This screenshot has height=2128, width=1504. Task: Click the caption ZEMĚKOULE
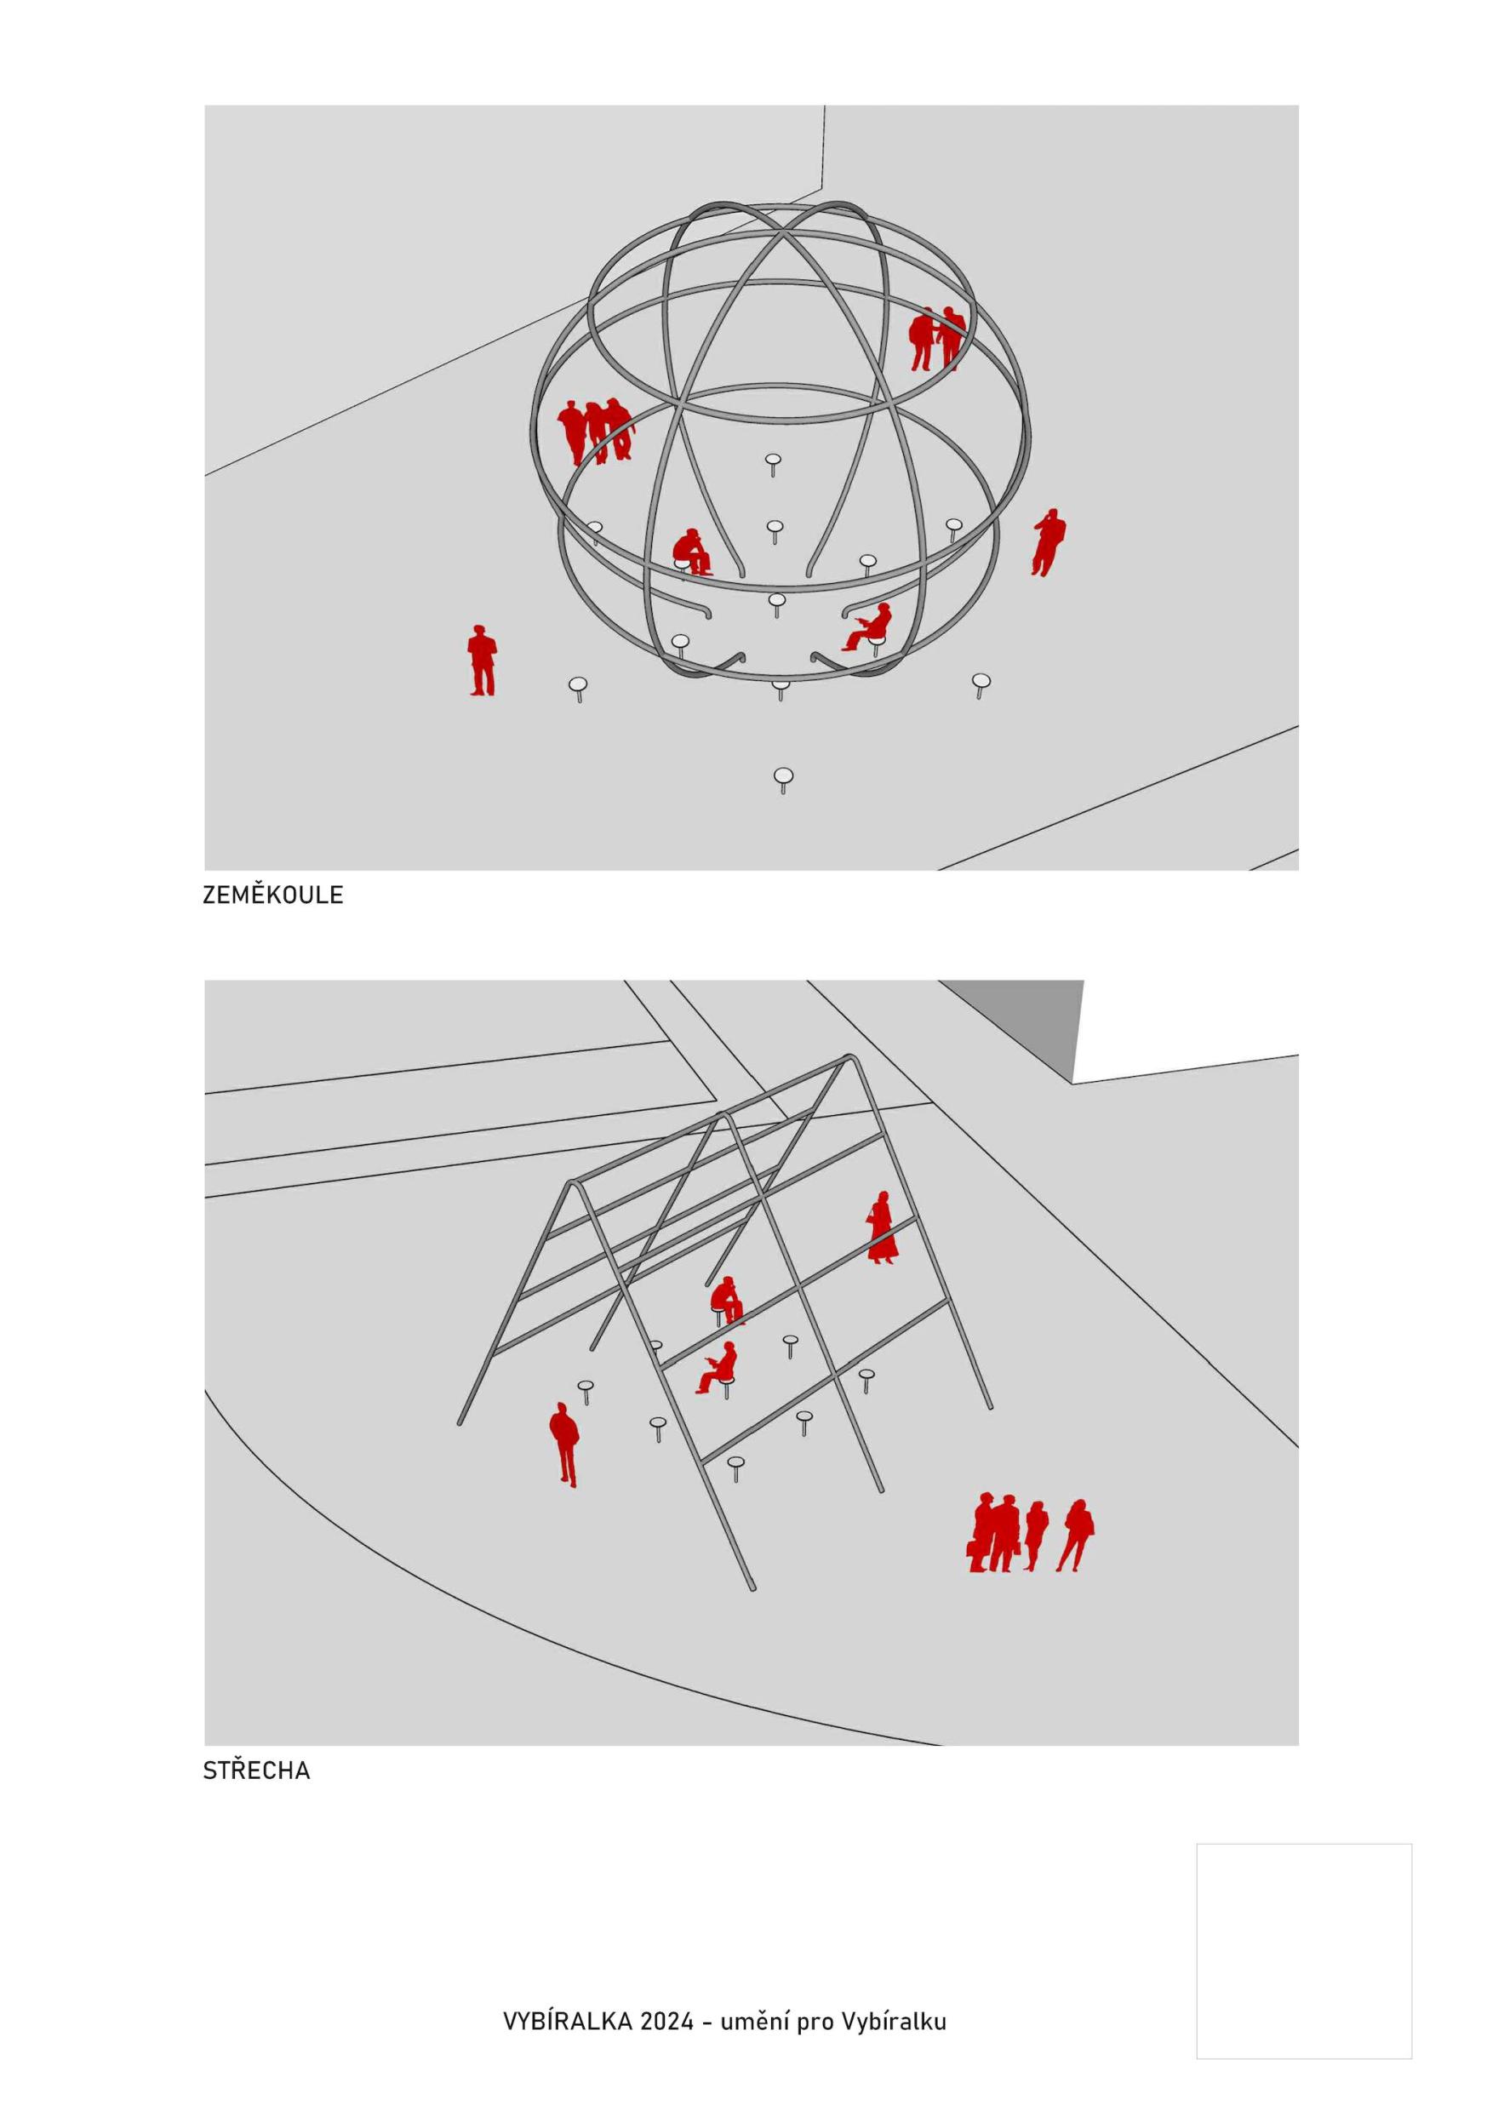point(272,895)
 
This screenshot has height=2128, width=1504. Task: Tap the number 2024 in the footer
point(666,2022)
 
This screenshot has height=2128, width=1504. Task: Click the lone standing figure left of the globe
point(481,660)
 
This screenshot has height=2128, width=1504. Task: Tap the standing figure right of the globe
point(1048,542)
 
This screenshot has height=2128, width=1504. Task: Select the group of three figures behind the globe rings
point(596,431)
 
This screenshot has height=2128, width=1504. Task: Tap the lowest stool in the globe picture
point(783,781)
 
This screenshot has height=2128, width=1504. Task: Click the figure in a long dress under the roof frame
point(881,1227)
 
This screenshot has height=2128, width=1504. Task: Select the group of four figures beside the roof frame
point(1031,1535)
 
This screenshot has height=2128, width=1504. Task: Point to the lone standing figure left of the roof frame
point(563,1444)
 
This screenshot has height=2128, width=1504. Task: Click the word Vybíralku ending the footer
point(895,2022)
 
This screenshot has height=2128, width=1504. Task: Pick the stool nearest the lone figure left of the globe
point(578,689)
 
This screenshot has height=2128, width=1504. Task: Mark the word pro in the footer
point(815,2024)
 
